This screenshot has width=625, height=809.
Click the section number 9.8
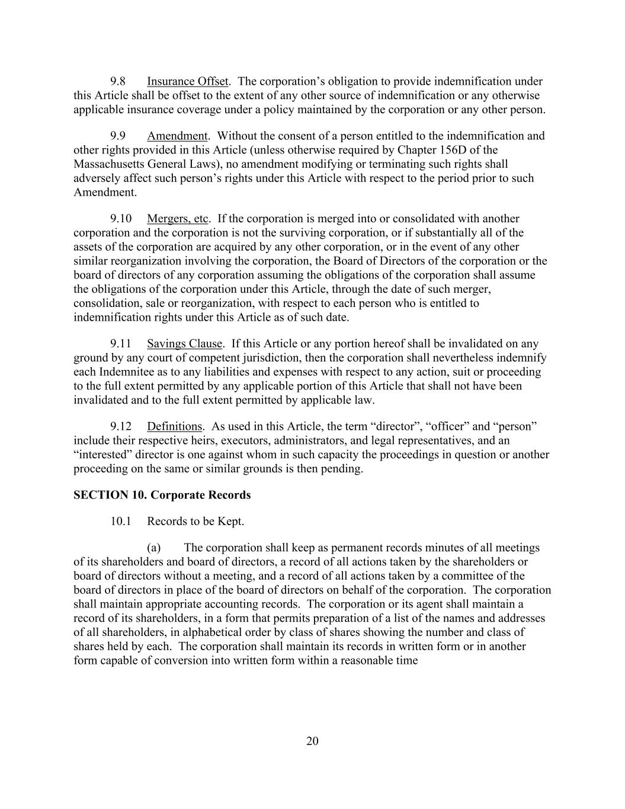[x=117, y=81]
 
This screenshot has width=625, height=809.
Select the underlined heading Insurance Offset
[x=187, y=81]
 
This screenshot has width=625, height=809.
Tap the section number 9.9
[x=117, y=136]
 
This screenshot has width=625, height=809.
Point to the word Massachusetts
[x=110, y=164]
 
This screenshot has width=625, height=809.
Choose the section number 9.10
[x=120, y=219]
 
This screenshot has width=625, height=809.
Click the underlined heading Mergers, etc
[x=178, y=219]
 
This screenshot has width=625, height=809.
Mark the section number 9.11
[x=120, y=344]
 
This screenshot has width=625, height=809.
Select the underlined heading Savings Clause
[x=185, y=344]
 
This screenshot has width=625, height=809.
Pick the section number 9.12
[x=120, y=427]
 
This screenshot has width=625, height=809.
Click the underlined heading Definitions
[x=174, y=427]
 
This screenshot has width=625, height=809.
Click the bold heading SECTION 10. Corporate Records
[x=162, y=495]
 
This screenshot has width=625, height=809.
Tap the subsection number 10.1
[x=120, y=522]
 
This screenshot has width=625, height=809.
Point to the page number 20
[x=313, y=741]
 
